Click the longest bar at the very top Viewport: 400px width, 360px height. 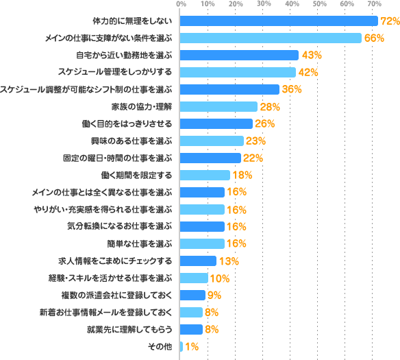(279, 21)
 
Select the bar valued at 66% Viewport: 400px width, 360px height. (271, 38)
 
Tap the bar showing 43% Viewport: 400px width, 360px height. (239, 55)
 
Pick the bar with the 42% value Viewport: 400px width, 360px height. (238, 72)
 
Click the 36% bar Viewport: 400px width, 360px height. (229, 89)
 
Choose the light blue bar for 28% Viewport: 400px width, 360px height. (218, 106)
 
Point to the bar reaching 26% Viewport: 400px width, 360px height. (216, 123)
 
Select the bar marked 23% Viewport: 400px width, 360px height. (212, 141)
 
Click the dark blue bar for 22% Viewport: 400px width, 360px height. (210, 158)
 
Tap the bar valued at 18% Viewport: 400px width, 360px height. (205, 175)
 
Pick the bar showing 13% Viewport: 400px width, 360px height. (198, 261)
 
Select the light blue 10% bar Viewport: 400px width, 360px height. (194, 278)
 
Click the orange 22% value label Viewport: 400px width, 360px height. (253, 158)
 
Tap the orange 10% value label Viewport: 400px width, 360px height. (220, 278)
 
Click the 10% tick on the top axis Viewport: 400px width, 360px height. (208, 4)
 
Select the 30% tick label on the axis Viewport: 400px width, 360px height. (263, 4)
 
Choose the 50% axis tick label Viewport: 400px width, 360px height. (318, 4)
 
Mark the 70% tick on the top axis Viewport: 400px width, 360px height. (374, 4)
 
